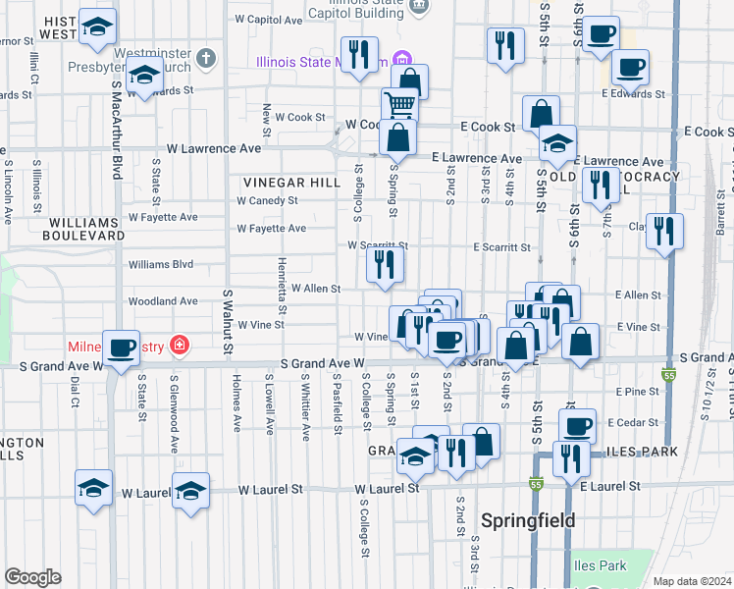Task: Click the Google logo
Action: coord(32,577)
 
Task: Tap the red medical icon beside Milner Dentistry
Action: coord(179,345)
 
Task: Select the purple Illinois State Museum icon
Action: coord(400,59)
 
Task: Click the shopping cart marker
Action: coord(399,103)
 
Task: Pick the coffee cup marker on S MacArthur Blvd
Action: coord(122,348)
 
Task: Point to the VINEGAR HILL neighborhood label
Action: coord(292,183)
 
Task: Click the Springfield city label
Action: coord(528,520)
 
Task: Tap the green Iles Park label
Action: coord(600,565)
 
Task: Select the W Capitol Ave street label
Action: coord(269,19)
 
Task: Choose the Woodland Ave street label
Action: coord(163,301)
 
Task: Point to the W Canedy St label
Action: coord(267,200)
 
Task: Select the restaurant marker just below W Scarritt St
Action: coord(384,264)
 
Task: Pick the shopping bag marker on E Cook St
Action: coord(541,113)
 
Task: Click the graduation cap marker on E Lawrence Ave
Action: coord(556,145)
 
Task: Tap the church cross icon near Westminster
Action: coord(205,57)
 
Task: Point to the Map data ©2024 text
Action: coord(692,581)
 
